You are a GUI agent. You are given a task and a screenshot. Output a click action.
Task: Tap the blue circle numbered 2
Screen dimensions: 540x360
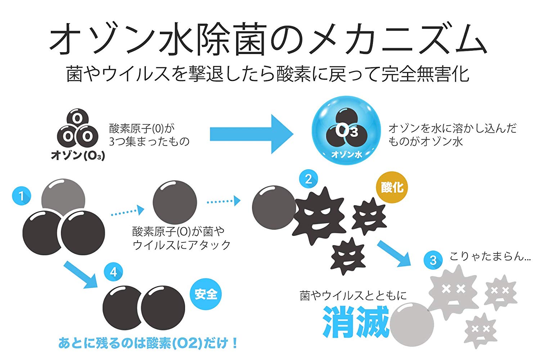(x=308, y=179)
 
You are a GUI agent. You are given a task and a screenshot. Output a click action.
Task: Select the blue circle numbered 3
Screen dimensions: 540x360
(x=433, y=260)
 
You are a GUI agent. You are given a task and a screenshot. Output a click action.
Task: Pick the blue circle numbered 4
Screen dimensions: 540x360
(x=113, y=272)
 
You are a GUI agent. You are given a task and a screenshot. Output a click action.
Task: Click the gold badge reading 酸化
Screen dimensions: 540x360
(x=392, y=187)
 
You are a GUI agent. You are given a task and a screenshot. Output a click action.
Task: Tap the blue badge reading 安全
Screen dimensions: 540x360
(x=206, y=294)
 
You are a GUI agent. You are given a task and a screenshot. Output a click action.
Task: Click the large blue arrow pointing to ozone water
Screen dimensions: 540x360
(x=251, y=134)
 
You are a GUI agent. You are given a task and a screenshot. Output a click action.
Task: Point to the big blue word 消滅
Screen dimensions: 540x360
(x=356, y=322)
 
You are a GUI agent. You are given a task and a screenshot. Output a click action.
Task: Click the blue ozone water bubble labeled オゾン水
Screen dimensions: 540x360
(x=346, y=130)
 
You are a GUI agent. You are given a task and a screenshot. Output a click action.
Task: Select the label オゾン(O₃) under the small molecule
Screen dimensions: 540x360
(x=78, y=155)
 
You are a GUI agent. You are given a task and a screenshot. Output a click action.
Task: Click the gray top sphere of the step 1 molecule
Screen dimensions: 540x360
(x=63, y=197)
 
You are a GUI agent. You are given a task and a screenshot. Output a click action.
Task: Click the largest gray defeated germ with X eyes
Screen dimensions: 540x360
(x=453, y=292)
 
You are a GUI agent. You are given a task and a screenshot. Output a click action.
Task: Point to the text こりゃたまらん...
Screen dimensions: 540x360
(x=490, y=256)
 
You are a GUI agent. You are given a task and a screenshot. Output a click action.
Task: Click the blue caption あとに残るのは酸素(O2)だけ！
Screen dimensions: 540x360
(x=148, y=343)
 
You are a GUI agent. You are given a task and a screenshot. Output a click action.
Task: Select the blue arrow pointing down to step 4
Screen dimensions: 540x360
(x=81, y=275)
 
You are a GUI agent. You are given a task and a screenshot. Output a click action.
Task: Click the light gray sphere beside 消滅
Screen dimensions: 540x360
(x=411, y=325)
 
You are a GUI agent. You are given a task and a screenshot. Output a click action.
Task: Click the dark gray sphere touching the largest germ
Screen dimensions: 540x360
(x=274, y=207)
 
